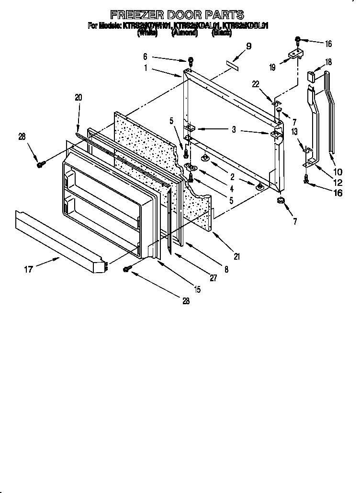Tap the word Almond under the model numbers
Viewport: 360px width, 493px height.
tap(184, 34)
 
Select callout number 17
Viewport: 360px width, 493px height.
tap(29, 269)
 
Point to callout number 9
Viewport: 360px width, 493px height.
tap(248, 46)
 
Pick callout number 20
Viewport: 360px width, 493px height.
tap(79, 97)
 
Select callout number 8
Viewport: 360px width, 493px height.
tap(226, 270)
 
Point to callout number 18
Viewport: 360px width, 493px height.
tap(328, 62)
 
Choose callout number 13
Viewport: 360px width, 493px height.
tap(294, 131)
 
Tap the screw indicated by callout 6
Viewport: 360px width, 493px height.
tap(191, 61)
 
